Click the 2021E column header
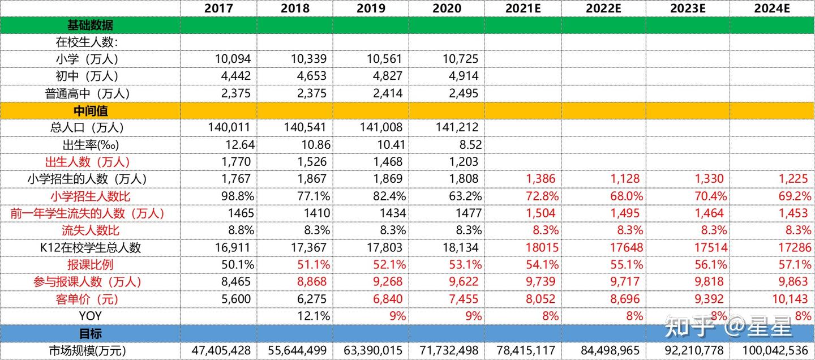tap(524, 8)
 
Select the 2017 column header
tap(218, 8)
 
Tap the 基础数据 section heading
tap(90, 25)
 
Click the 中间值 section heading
tap(90, 110)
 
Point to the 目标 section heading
tap(90, 333)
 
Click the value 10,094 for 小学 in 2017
tap(233, 59)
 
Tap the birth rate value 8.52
tap(466, 145)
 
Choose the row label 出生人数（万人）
tap(90, 162)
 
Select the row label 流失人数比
tap(90, 230)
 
